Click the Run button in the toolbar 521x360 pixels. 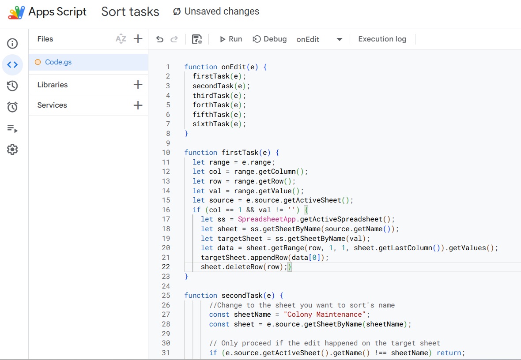(231, 39)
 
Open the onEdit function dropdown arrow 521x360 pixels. (339, 40)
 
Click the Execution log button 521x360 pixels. (382, 39)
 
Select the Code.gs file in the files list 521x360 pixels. (58, 62)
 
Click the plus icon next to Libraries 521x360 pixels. (138, 85)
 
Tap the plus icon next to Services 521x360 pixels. (138, 105)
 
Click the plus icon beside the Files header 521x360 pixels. (138, 39)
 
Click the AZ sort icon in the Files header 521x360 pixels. (121, 39)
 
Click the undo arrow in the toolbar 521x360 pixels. (160, 39)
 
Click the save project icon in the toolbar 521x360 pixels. (197, 39)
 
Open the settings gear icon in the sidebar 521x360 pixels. (12, 150)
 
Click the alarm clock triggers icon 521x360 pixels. (12, 107)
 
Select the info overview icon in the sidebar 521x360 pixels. (12, 44)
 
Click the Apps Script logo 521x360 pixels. (16, 12)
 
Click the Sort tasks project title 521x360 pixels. (130, 11)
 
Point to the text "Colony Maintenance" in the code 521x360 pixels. (324, 315)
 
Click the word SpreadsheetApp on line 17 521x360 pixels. (267, 219)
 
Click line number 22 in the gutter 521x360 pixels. (166, 266)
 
